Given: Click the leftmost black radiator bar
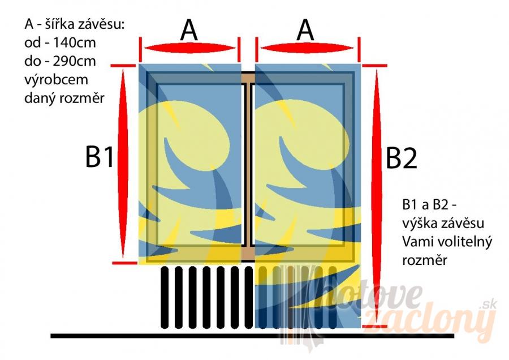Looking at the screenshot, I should point(164,297).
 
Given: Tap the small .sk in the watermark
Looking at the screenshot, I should point(484,305).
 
